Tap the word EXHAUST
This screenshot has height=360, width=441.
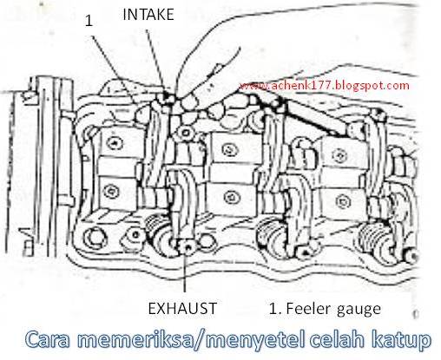coord(180,306)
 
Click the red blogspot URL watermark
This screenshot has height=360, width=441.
coord(322,86)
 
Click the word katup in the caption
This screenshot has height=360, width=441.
coord(400,339)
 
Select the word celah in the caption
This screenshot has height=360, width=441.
coord(335,339)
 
